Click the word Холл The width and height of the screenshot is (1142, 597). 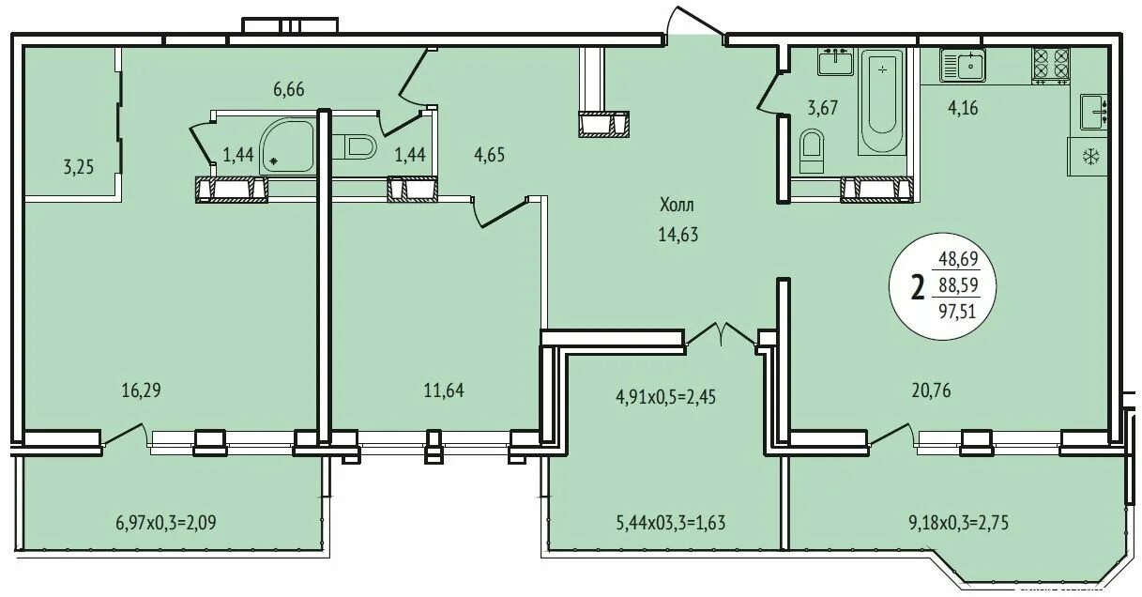[x=678, y=205]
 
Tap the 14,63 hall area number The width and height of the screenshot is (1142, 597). [x=678, y=235]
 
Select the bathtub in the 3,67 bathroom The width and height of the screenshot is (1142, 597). [x=882, y=101]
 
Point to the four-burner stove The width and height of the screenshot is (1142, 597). [x=1051, y=66]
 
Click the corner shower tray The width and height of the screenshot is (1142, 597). [x=289, y=146]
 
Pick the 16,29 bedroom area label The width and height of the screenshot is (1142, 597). [x=141, y=390]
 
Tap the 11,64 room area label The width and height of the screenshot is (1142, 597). [x=444, y=390]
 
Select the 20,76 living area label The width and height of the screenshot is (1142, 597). [x=931, y=390]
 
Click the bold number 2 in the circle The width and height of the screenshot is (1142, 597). [x=918, y=288]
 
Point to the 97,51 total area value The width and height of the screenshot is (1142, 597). [x=957, y=311]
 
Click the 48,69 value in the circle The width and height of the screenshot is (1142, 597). [x=958, y=259]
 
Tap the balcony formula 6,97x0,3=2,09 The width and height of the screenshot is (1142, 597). [x=166, y=522]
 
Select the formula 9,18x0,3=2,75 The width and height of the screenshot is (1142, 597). [x=958, y=523]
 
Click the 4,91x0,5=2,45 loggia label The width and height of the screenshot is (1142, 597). [x=666, y=397]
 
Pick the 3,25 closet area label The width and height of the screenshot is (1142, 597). [x=79, y=167]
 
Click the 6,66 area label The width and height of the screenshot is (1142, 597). [x=289, y=89]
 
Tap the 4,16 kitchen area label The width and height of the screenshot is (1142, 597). [x=963, y=108]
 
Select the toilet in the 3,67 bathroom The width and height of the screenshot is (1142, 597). [x=812, y=150]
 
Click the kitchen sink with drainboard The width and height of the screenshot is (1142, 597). [x=963, y=65]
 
